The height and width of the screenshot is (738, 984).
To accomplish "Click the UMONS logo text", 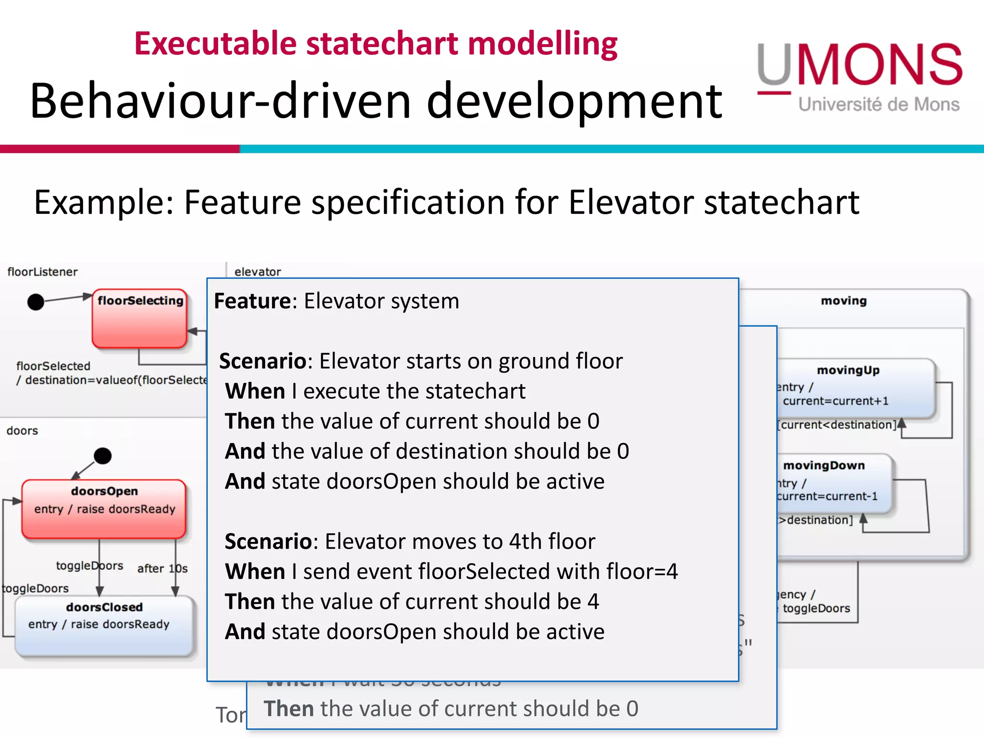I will pos(860,65).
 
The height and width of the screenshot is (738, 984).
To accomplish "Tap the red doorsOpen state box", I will pos(104,508).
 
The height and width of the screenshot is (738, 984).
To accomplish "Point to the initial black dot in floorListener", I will pos(36,302).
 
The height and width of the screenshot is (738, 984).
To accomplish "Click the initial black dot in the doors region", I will pos(102,455).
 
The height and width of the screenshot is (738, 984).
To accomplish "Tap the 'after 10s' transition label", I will pos(162,568).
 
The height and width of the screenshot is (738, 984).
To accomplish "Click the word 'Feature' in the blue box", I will pos(252,301).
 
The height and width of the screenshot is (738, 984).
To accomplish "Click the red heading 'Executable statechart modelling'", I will pos(376,44).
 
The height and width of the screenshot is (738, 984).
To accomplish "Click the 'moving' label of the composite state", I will pos(844,301).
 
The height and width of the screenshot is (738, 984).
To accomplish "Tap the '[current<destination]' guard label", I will pos(837,425).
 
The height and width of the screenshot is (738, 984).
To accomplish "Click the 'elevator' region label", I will pos(258,272).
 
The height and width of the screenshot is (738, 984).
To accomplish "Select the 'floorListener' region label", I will pos(42,272).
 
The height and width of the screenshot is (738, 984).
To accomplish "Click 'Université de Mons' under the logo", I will pos(879,104).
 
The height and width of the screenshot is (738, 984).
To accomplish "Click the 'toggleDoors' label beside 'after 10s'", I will pos(89,566).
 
